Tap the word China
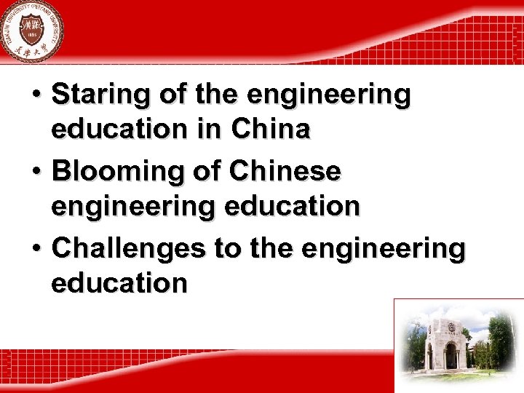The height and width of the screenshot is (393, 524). pyautogui.click(x=271, y=130)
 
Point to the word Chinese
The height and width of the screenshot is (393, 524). pyautogui.click(x=285, y=172)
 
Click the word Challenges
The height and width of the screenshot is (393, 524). pyautogui.click(x=129, y=249)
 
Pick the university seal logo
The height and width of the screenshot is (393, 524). pyautogui.click(x=31, y=31)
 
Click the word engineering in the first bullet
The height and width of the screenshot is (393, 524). pyautogui.click(x=329, y=95)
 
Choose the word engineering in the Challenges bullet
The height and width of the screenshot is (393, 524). pyautogui.click(x=383, y=249)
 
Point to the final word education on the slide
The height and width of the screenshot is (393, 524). pyautogui.click(x=119, y=283)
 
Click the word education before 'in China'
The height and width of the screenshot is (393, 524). pyautogui.click(x=119, y=130)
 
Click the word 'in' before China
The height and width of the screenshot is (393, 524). pyautogui.click(x=211, y=130)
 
